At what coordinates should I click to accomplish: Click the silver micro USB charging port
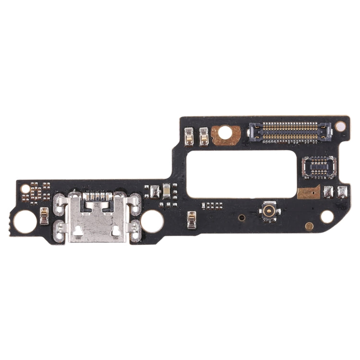point(98,218)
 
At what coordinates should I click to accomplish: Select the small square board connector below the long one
point(319,167)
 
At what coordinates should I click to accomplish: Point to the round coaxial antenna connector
point(269,211)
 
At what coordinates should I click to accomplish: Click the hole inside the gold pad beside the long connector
point(225,132)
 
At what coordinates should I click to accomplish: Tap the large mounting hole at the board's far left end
point(25,222)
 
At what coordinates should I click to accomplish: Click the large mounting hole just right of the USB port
point(152,221)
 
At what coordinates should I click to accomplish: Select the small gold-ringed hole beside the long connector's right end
point(340,126)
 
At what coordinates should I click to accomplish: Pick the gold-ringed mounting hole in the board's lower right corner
point(326,217)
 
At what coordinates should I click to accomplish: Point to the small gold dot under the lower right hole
point(309,226)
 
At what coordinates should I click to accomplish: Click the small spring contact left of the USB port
point(44,216)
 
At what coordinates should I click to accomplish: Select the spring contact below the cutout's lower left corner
point(192,220)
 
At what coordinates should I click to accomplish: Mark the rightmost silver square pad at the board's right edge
point(342,192)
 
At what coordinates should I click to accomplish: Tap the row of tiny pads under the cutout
point(212,205)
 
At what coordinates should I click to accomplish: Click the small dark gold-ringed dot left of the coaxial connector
point(242,217)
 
